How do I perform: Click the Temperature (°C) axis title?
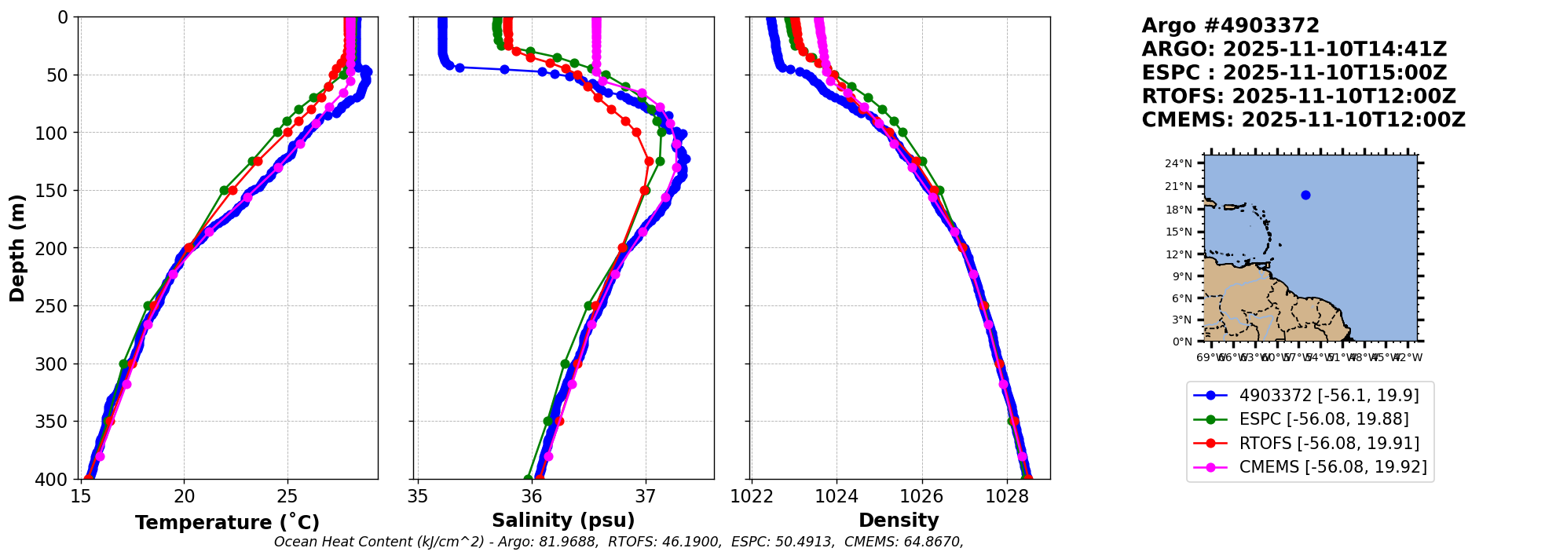[x=227, y=523]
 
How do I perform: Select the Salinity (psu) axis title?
[x=563, y=521]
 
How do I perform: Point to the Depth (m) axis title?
[x=17, y=247]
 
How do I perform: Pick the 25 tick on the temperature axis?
[x=287, y=496]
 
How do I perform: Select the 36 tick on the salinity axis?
[x=532, y=496]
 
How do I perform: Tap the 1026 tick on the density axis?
[x=921, y=496]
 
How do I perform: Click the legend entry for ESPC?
[x=1324, y=419]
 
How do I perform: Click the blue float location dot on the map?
[x=1305, y=195]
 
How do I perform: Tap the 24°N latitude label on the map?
[x=1178, y=164]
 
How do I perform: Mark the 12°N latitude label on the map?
[x=1178, y=254]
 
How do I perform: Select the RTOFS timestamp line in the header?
[x=1298, y=97]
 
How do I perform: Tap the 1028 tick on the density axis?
[x=1007, y=496]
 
